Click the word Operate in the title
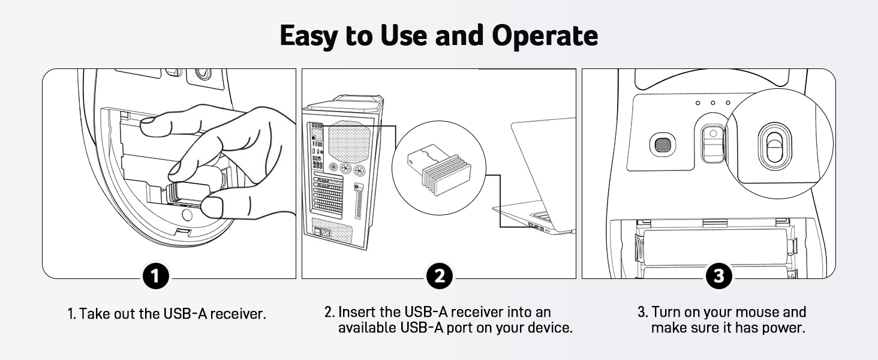[x=545, y=36]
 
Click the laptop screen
[x=543, y=162]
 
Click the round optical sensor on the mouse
[x=663, y=145]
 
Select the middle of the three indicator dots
[x=713, y=103]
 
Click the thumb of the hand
[x=210, y=208]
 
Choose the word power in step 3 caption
[x=781, y=328]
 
